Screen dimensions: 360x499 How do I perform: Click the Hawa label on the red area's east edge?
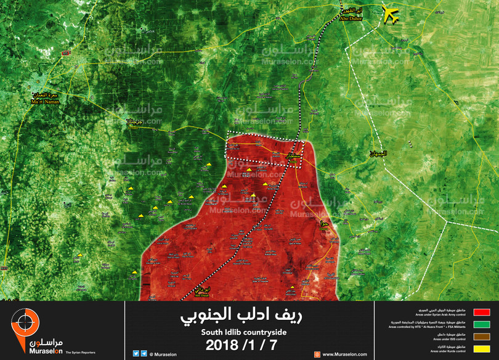pos(325,224)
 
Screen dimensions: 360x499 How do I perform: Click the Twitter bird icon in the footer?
pos(136,354)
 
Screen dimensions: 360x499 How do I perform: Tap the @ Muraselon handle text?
pos(164,354)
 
